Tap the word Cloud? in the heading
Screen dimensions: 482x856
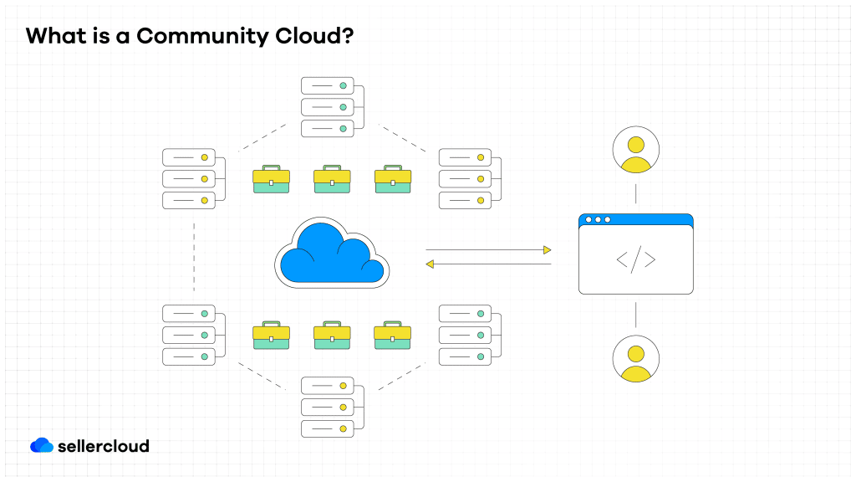coord(315,36)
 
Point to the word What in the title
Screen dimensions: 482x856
coord(55,36)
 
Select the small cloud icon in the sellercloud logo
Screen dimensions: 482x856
coord(41,445)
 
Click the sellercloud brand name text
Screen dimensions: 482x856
coord(104,446)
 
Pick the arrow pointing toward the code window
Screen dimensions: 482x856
coord(488,249)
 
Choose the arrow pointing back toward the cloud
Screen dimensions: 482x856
coord(488,264)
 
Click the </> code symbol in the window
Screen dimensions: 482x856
coord(635,260)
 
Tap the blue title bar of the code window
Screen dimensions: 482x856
coord(635,219)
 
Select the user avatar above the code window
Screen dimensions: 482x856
coord(635,150)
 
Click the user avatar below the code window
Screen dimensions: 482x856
coord(635,358)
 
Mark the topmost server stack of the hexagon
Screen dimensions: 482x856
coord(327,107)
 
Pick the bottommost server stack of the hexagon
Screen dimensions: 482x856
coord(327,407)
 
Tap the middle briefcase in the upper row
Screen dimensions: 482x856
coord(332,179)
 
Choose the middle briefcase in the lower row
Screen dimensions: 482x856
coord(332,335)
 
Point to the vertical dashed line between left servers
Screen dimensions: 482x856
coord(194,257)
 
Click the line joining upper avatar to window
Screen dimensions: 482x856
coord(635,193)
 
